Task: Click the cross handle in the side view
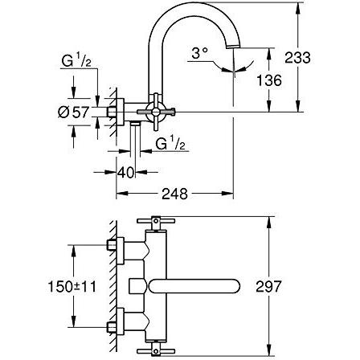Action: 156,111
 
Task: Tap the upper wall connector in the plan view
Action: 115,248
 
